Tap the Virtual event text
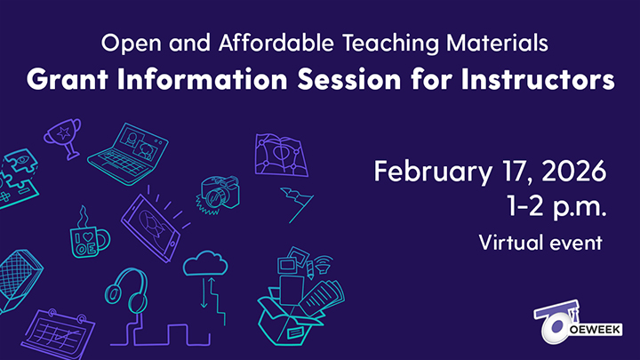click(541, 241)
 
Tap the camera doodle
click(216, 192)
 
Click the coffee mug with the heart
click(87, 236)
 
